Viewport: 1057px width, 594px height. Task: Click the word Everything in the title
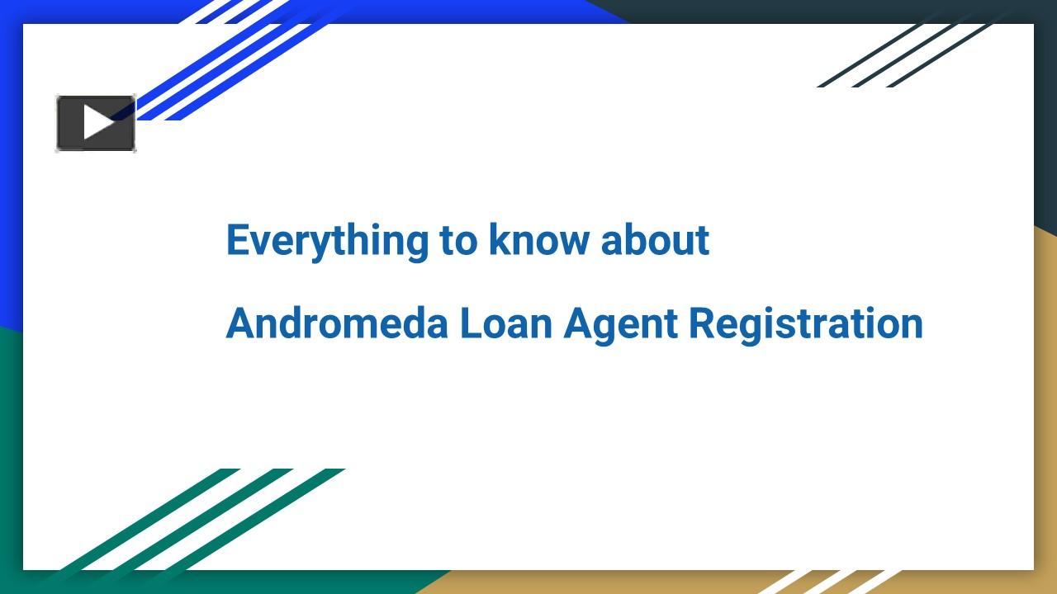point(327,241)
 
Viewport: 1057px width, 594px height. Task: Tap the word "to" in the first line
point(458,241)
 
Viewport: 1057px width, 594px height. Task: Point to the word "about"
point(655,241)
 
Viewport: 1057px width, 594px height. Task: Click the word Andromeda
point(337,323)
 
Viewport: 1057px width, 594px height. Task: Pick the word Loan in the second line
point(506,323)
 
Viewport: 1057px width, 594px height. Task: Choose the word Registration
point(806,323)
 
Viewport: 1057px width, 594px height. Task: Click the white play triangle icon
point(98,123)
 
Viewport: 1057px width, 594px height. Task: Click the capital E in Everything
point(237,240)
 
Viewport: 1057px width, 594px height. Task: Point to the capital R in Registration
point(702,323)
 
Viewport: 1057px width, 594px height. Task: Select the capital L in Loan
point(470,323)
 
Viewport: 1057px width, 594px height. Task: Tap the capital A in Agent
point(578,323)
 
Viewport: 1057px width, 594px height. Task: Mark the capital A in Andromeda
point(240,323)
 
